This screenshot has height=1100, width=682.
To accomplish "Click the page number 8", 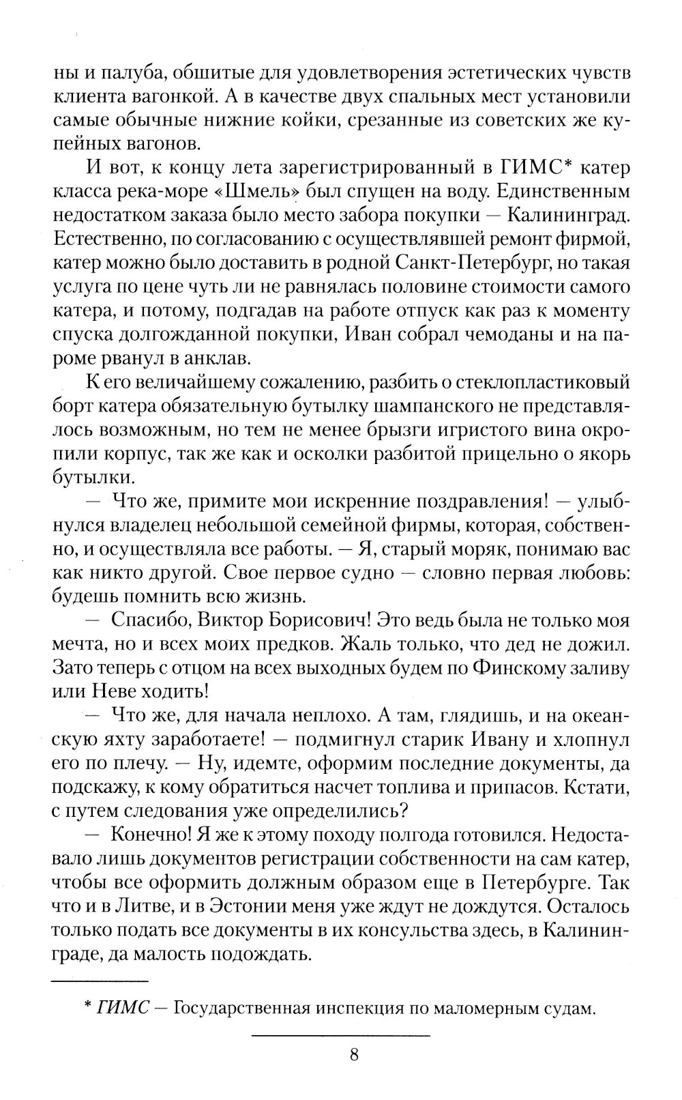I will (x=353, y=1055).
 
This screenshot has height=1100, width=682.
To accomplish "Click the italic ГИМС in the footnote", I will (x=123, y=1008).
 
